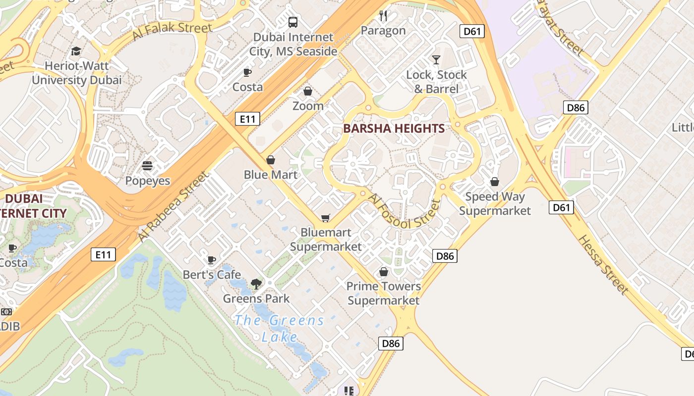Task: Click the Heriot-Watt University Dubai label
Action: click(x=76, y=73)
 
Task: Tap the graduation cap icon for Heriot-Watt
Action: click(x=76, y=51)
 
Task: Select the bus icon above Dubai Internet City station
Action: click(x=293, y=22)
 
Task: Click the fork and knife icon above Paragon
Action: click(x=383, y=16)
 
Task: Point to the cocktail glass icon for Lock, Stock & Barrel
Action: click(x=436, y=60)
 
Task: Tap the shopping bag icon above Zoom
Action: click(x=308, y=91)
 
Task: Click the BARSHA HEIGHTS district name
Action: click(x=394, y=129)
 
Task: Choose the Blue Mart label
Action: click(x=271, y=175)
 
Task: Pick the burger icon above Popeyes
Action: click(x=147, y=166)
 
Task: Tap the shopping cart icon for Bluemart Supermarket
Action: click(x=326, y=218)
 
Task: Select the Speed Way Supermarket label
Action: click(x=495, y=203)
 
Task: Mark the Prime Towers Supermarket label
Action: click(x=383, y=293)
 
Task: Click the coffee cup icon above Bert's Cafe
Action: click(x=212, y=260)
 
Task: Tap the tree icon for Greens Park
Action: click(x=256, y=284)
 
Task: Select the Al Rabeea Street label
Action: click(x=173, y=206)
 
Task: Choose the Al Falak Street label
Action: click(x=172, y=31)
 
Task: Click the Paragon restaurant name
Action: click(x=383, y=31)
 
